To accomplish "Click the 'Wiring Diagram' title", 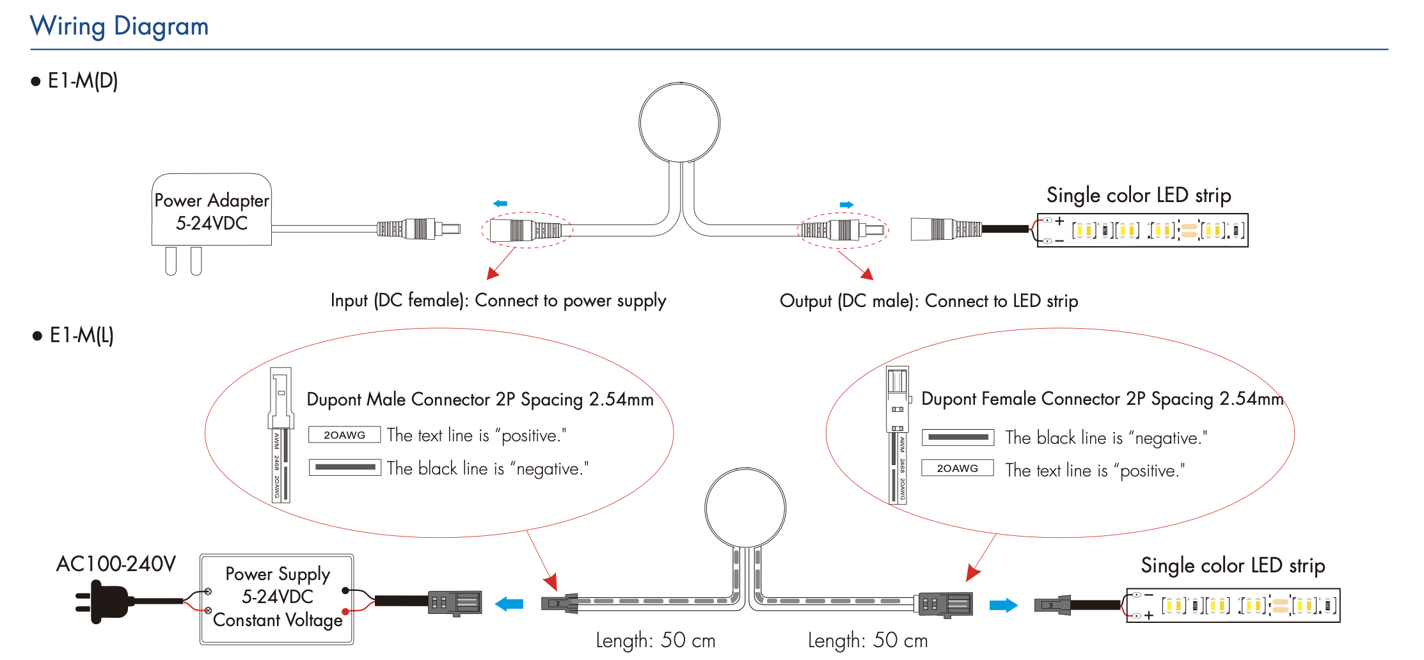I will click(119, 26).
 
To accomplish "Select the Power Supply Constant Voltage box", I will click(277, 599).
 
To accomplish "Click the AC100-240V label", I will click(116, 564).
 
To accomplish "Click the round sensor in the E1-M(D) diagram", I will click(679, 122).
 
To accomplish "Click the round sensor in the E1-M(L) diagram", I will click(745, 508).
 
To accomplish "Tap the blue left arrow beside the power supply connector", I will click(509, 604).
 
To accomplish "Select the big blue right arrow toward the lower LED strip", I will click(1003, 605).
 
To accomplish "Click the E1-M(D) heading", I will click(83, 81).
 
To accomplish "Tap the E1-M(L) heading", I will click(81, 335).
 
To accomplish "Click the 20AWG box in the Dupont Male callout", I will click(344, 435).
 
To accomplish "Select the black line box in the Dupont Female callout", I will click(958, 437).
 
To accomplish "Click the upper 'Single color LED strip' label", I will click(1139, 195).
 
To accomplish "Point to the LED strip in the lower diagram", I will click(1233, 605).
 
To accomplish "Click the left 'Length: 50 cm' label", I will click(655, 640).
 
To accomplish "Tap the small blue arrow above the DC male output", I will click(846, 205).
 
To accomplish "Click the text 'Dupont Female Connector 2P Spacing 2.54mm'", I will click(1102, 399).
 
